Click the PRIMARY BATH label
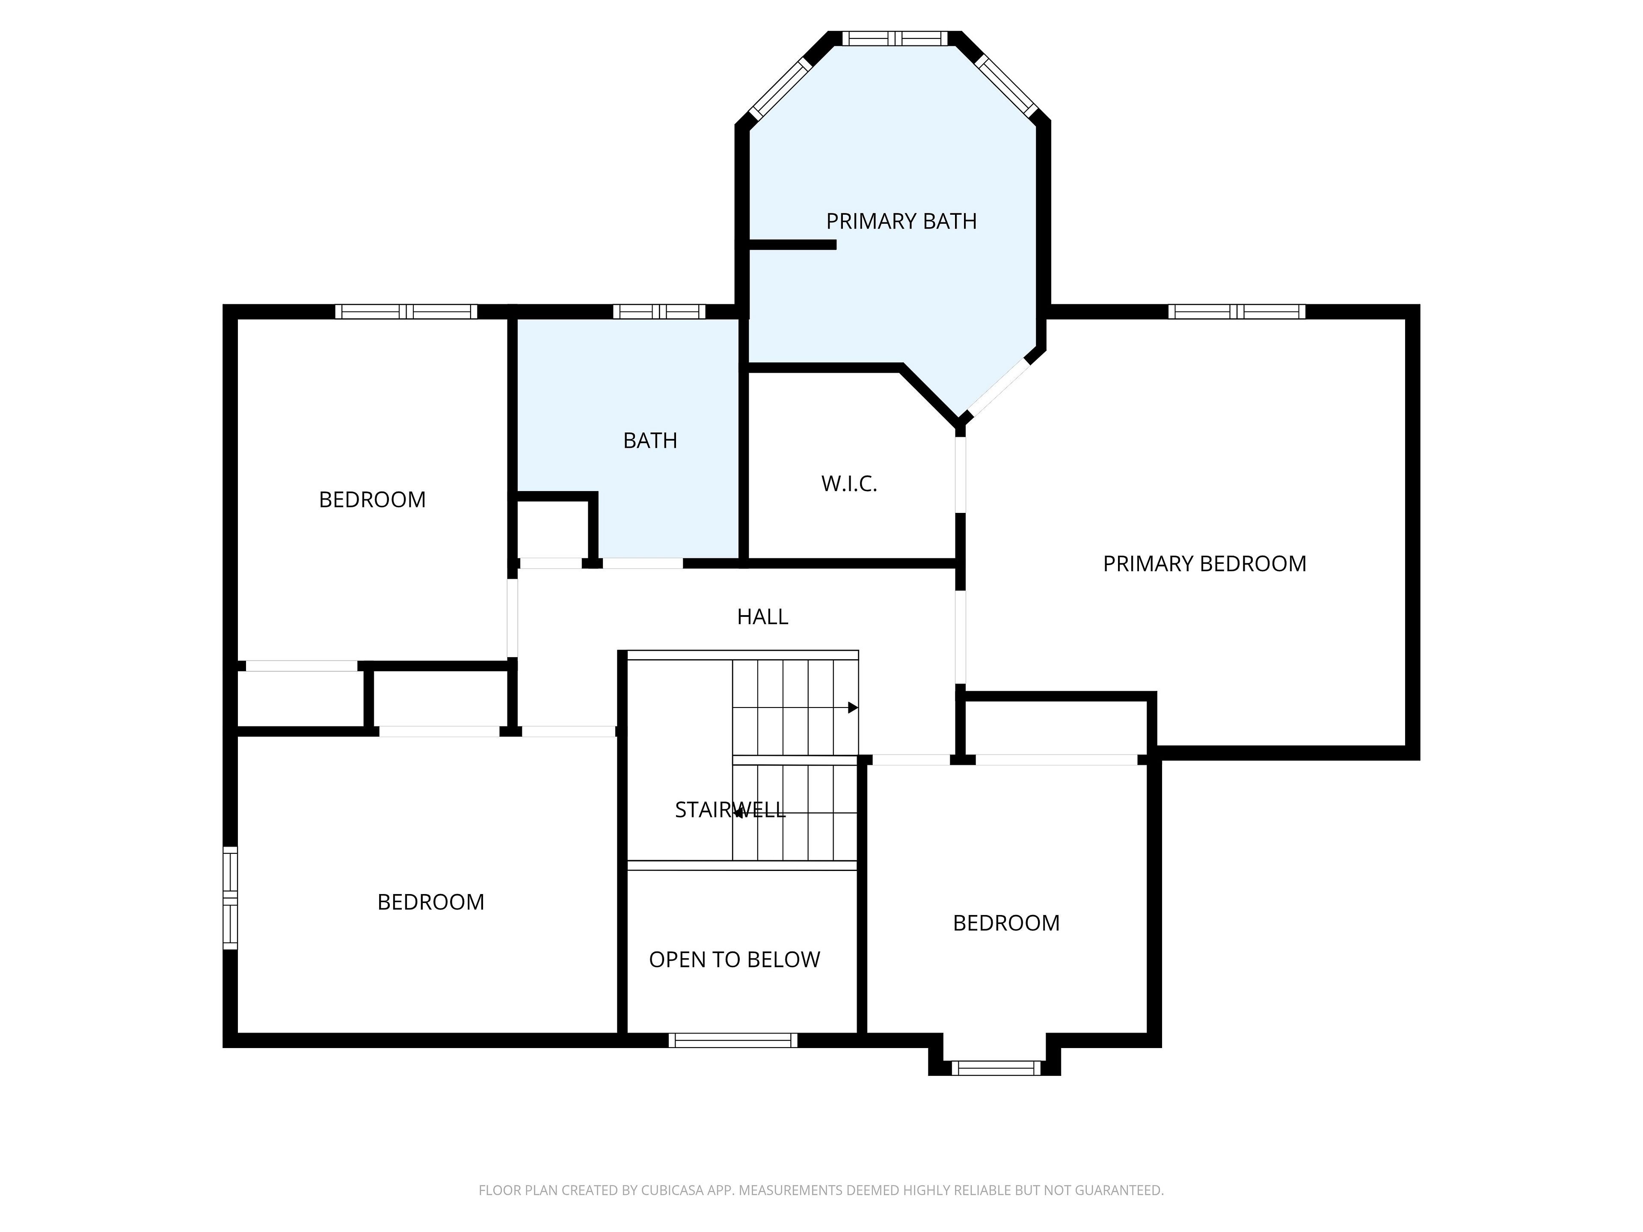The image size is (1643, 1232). (901, 221)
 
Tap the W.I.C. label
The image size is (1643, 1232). (849, 484)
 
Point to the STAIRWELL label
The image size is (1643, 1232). (730, 809)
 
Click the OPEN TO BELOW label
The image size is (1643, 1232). (735, 960)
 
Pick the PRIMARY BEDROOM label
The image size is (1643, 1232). (1204, 564)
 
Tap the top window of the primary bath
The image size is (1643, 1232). (895, 38)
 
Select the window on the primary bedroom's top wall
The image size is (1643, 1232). (1237, 312)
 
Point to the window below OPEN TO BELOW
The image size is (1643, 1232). (733, 1040)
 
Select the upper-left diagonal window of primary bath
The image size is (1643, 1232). (781, 89)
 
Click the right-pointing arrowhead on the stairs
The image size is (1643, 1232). (853, 708)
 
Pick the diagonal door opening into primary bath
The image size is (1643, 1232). (997, 386)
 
